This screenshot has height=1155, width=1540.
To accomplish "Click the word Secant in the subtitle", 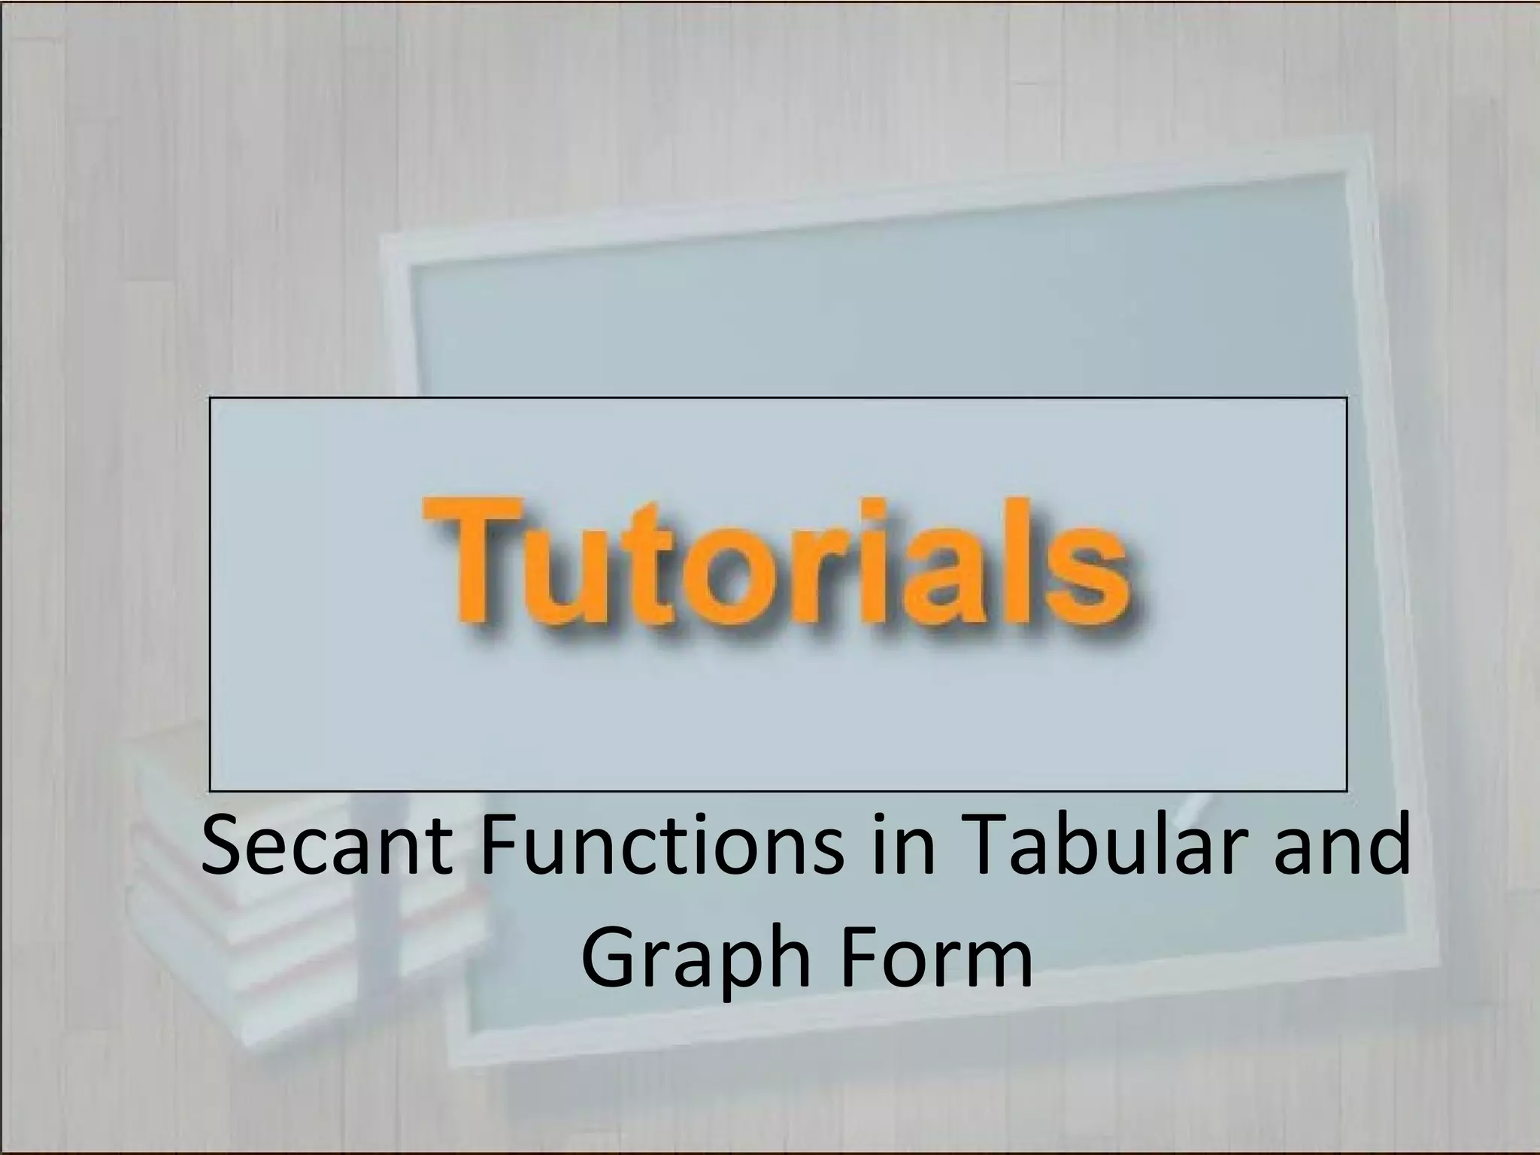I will pyautogui.click(x=327, y=849).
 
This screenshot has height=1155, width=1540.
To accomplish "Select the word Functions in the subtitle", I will pyautogui.click(x=661, y=849).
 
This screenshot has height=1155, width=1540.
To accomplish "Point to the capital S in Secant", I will pyautogui.click(x=223, y=847).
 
